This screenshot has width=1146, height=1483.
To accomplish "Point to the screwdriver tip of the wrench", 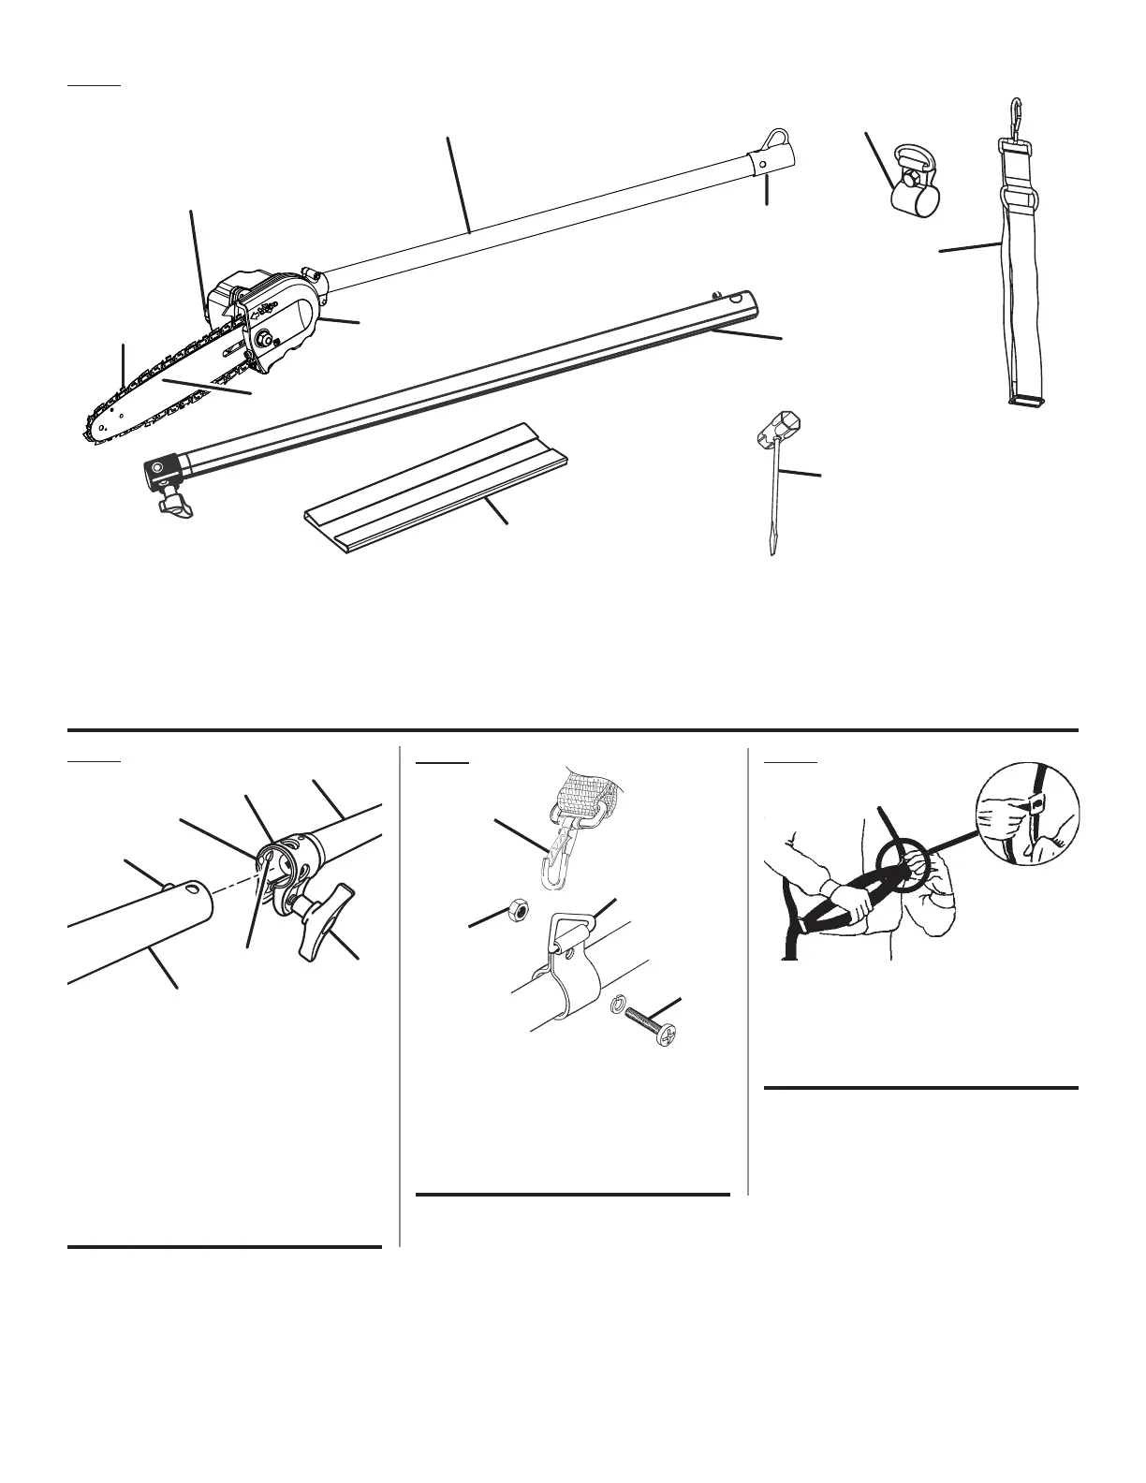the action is click(772, 549).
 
